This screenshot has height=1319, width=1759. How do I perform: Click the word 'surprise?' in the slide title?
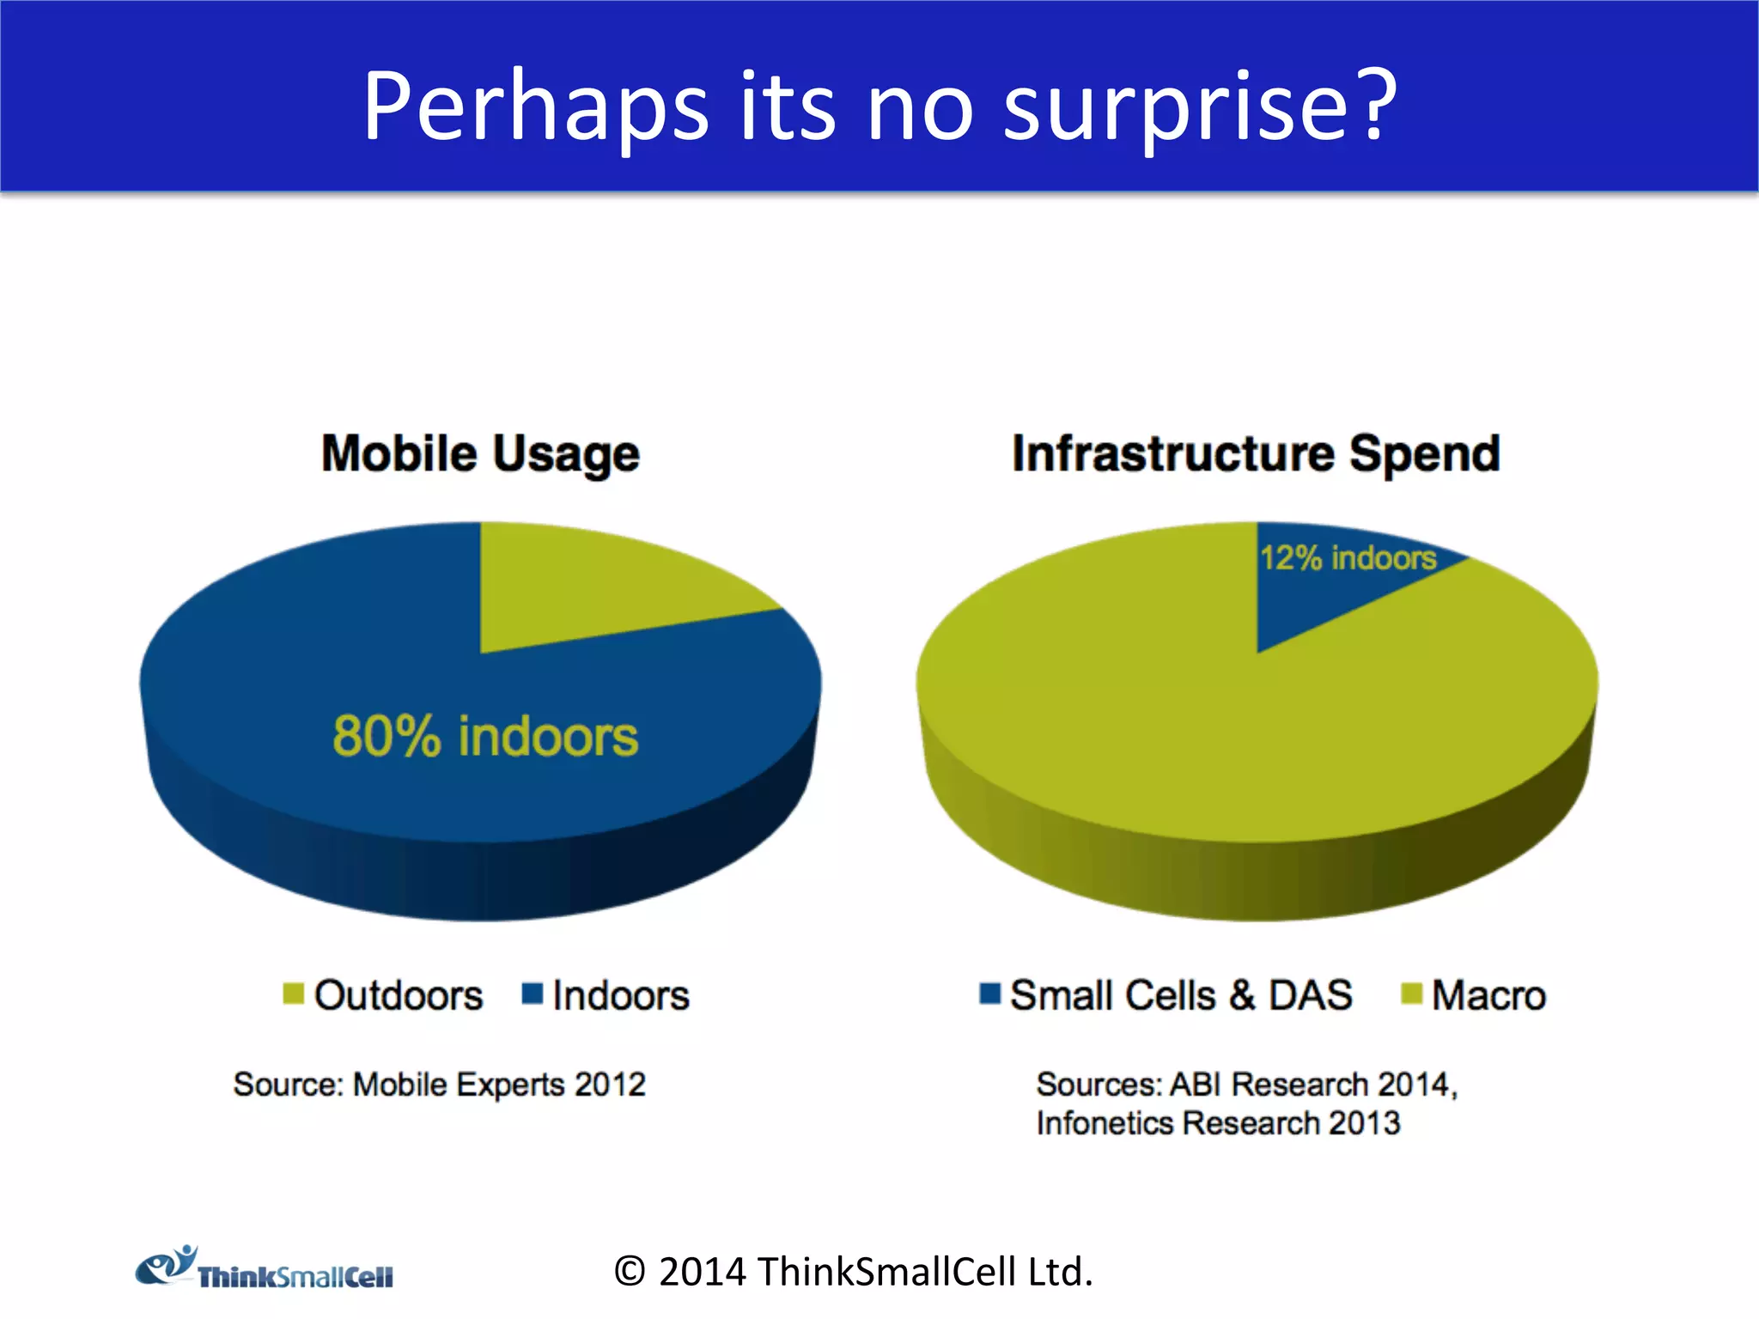point(1200,107)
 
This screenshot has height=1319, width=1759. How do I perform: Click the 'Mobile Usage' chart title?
point(480,453)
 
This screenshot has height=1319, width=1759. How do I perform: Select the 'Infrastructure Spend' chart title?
point(1256,453)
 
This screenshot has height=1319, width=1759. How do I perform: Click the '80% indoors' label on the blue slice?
point(485,737)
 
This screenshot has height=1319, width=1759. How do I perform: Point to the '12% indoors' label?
point(1348,558)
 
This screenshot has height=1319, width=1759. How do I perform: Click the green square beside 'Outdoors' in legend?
point(294,994)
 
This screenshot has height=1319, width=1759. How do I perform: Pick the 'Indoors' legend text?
point(620,996)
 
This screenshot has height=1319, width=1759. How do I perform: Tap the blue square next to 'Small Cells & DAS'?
point(989,994)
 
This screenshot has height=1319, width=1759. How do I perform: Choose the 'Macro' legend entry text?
point(1488,996)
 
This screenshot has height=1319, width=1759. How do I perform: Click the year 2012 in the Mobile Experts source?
point(610,1085)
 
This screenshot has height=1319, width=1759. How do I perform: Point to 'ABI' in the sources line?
point(1195,1085)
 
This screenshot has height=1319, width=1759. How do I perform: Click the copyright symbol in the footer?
point(630,1272)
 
